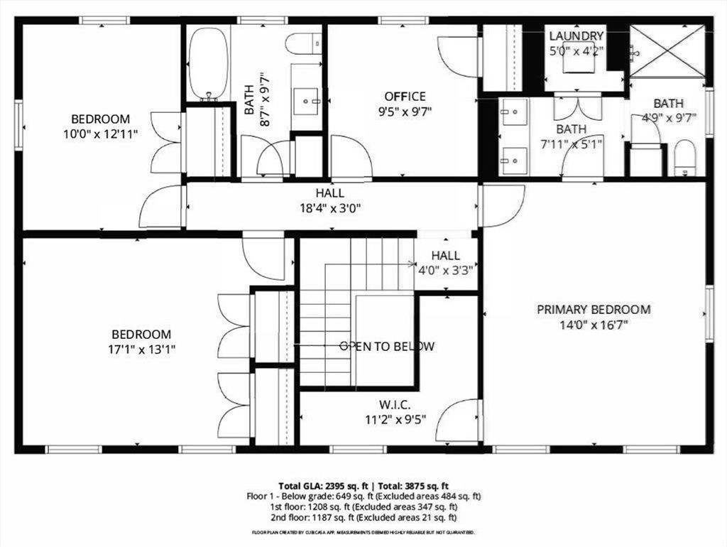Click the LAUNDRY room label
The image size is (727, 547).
(x=576, y=36)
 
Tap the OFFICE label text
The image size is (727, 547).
(x=405, y=96)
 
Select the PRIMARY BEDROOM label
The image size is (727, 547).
(x=594, y=310)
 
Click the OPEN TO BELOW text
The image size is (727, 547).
(x=387, y=347)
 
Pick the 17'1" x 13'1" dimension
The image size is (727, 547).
(x=141, y=350)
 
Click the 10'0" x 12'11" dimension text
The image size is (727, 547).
(x=101, y=134)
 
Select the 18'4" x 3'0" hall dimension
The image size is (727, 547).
(x=330, y=208)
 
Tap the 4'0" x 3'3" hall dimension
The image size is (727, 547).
(x=446, y=270)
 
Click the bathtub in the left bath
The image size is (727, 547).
(x=209, y=63)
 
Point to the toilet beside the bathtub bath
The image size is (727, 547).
(x=303, y=43)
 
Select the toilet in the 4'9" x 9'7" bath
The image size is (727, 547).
(x=685, y=158)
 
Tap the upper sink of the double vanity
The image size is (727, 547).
(x=513, y=112)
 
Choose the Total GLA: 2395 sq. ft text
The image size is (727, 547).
(x=323, y=486)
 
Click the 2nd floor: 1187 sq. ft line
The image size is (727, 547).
(x=363, y=517)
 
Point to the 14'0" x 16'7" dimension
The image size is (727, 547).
(x=594, y=325)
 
